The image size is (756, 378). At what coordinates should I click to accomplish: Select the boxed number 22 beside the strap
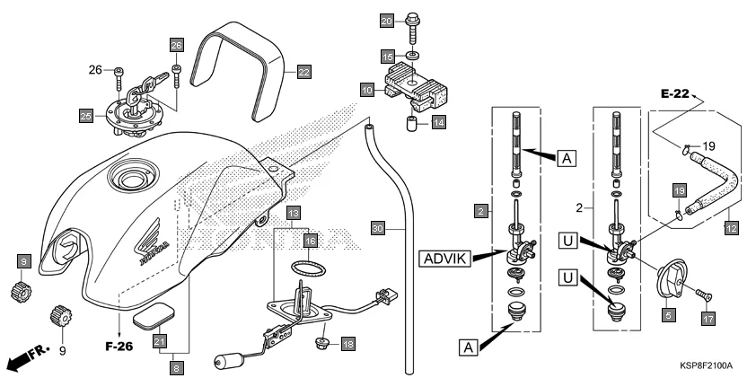tap(304, 70)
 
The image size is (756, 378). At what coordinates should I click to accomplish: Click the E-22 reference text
tap(676, 93)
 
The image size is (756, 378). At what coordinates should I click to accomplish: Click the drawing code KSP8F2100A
tap(706, 366)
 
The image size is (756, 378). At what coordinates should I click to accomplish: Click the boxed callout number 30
tap(378, 230)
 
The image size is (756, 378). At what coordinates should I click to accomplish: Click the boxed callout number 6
tap(667, 317)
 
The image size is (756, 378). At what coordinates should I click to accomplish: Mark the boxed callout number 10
tap(367, 90)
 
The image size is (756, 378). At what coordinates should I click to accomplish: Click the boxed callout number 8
tap(178, 366)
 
